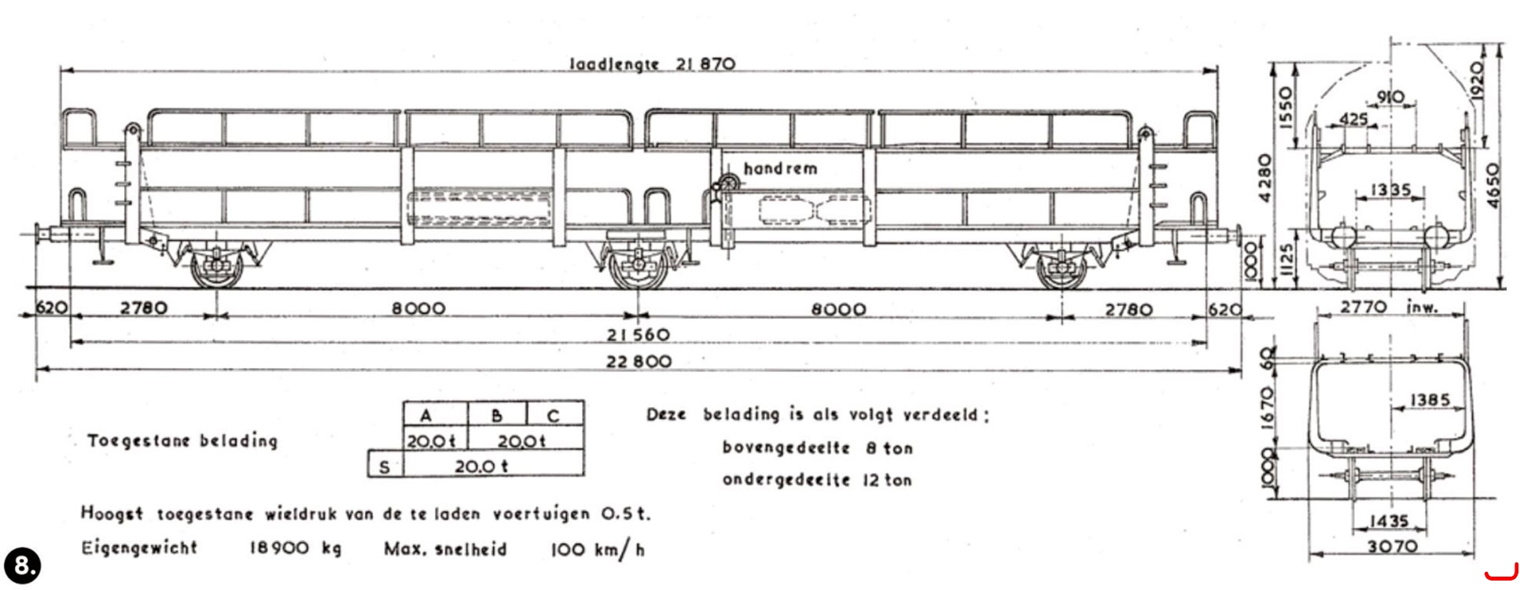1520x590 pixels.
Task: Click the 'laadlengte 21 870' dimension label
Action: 652,64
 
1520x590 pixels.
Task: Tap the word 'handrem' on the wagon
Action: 780,168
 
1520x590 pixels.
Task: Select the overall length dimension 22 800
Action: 639,361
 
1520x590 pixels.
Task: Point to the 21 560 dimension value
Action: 638,335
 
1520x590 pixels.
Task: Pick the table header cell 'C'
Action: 554,415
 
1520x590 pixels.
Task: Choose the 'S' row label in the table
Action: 385,465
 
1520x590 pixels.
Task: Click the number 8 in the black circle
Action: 22,565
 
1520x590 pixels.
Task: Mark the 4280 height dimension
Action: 1264,178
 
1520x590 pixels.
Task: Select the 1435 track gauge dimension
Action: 1389,520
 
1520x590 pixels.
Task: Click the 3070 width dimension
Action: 1393,545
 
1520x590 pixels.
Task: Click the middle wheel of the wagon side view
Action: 639,270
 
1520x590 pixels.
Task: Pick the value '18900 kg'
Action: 296,548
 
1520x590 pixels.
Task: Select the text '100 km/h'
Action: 598,549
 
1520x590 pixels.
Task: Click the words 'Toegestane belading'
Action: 182,440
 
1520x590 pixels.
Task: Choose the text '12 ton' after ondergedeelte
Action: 888,479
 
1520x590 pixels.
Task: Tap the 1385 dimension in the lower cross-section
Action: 1430,400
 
